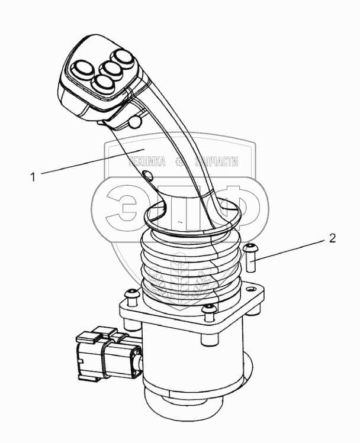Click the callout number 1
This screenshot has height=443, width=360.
point(33,177)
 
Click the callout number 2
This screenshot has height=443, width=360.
point(332,239)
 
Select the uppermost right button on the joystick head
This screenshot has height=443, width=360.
point(122,57)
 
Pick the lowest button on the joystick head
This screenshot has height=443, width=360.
point(103,83)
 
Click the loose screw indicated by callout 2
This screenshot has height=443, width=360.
point(250,258)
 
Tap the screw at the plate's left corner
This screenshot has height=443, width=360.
point(131,297)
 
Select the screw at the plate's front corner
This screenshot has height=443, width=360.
point(208,312)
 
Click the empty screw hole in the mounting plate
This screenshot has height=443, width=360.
point(250,290)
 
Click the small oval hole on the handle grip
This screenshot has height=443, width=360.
point(147,175)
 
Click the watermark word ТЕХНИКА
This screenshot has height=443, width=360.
point(147,162)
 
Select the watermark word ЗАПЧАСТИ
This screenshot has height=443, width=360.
point(217,162)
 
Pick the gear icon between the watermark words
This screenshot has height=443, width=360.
point(180,162)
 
